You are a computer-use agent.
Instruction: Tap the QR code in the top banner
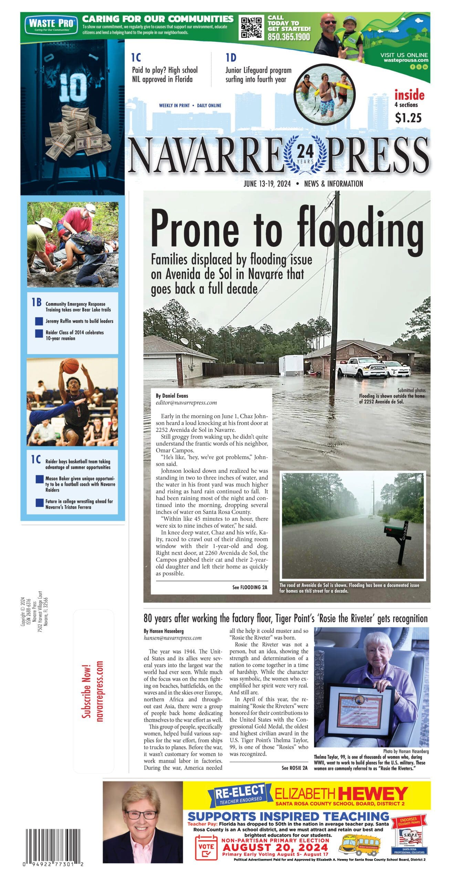[251, 27]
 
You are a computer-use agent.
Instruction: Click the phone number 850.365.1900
[289, 37]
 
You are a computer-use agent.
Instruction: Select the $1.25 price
[408, 118]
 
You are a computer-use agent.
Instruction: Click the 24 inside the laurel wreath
[305, 151]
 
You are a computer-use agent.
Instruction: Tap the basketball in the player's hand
[71, 366]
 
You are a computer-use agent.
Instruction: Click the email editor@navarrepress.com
[186, 402]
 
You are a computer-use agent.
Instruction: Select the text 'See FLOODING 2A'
[250, 587]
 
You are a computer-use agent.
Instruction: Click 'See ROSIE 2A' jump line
[294, 768]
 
